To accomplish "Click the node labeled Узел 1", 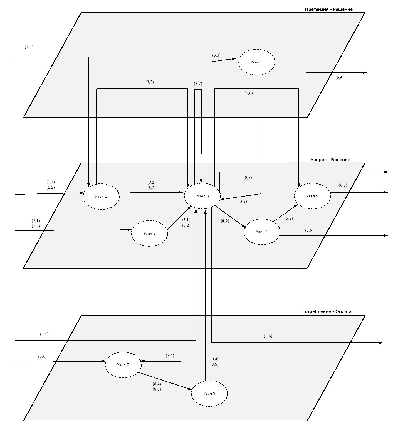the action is (101, 196).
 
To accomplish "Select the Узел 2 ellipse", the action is (150, 233).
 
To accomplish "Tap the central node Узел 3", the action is (202, 196).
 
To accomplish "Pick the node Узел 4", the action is (262, 232).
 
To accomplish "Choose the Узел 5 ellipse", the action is (313, 196).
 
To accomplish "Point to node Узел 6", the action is (257, 62).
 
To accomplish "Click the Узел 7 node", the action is (123, 365).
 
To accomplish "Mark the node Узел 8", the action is (209, 393).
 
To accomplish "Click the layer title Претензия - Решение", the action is (329, 9).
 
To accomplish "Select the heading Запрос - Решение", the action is (330, 160).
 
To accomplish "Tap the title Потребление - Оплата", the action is (326, 311).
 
